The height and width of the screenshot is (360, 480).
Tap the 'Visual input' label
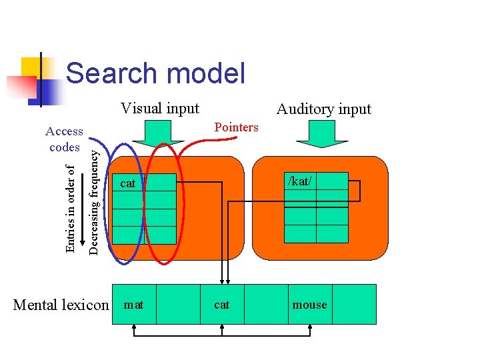pos(160,108)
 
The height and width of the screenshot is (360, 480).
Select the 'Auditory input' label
pos(323,109)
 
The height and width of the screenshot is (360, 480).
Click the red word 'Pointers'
pos(236,127)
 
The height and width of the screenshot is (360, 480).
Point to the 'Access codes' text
pos(65,139)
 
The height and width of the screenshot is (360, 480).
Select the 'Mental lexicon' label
pos(61,305)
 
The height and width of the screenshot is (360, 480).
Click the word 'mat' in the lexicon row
pos(134,305)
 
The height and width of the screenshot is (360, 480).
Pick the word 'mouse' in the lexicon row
pos(310,305)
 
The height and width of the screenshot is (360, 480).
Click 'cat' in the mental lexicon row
pos(221,305)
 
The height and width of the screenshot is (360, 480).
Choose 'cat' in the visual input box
pos(127,183)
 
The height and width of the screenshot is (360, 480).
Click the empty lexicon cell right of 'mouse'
pos(354,305)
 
